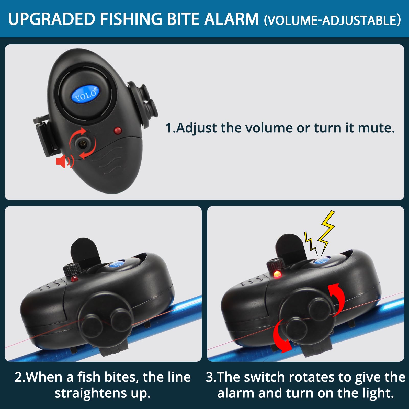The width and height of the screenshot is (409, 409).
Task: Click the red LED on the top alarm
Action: click(x=118, y=131)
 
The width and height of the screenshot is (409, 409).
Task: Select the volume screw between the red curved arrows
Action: click(x=83, y=144)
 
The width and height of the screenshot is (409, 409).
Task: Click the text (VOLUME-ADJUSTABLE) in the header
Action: click(x=332, y=20)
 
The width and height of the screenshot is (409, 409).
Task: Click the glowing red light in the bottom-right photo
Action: click(x=277, y=275)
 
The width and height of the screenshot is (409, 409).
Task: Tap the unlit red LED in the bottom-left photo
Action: click(x=74, y=279)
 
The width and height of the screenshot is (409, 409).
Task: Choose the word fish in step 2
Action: click(x=89, y=377)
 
